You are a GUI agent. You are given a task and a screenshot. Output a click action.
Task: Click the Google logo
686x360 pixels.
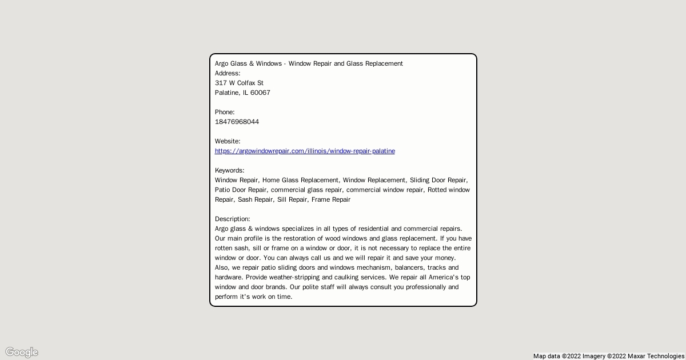[x=22, y=352]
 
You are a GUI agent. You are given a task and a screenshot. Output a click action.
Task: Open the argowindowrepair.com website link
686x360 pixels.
[x=305, y=151]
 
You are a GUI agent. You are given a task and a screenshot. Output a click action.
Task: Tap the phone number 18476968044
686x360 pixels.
[x=237, y=122]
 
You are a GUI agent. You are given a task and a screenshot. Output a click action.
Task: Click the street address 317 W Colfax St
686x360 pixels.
[x=239, y=83]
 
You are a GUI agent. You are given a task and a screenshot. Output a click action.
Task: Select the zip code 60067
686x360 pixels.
[x=260, y=93]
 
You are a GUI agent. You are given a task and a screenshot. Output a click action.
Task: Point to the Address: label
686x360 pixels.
[x=228, y=73]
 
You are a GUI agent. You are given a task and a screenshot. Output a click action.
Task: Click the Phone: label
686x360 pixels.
[x=225, y=112]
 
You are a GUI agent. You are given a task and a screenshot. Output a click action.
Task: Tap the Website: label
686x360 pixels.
[x=228, y=141]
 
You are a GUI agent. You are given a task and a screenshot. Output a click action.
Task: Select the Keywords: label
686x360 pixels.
[x=229, y=170]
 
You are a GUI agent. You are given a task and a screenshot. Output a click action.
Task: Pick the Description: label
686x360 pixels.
[x=232, y=219]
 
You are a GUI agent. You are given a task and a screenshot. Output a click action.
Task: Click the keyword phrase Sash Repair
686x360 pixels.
[x=256, y=199]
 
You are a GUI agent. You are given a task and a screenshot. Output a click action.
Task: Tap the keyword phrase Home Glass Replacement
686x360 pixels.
[x=301, y=180]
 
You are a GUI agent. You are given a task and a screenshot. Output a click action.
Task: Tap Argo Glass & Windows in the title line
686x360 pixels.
[x=248, y=63]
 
